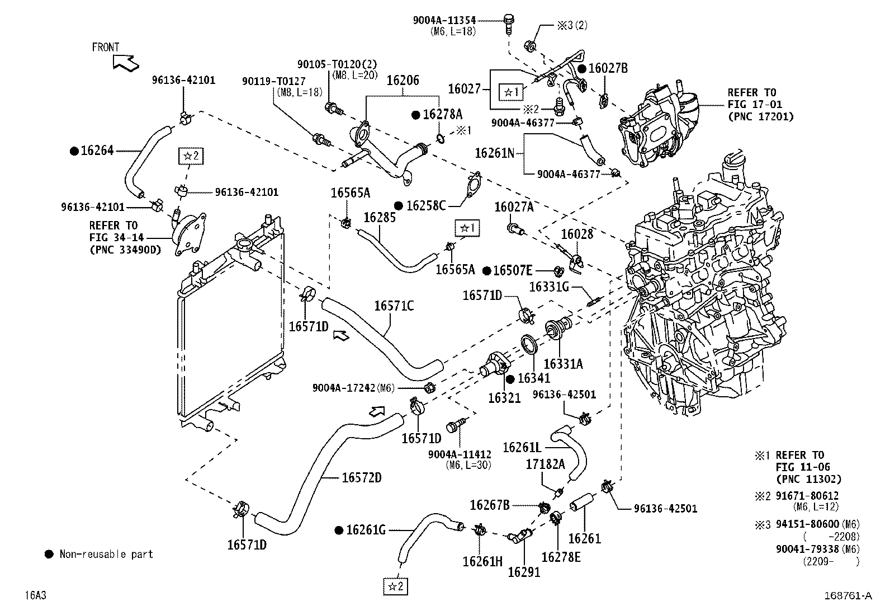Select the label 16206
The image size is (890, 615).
[x=403, y=81]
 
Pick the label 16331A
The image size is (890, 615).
[x=563, y=364]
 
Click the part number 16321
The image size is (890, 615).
[x=504, y=398]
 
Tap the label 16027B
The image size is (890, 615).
[x=608, y=68]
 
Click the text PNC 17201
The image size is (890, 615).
[x=760, y=116]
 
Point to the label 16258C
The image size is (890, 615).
[x=425, y=205]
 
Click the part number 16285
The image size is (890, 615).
[x=380, y=217]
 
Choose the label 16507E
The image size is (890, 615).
[x=513, y=271]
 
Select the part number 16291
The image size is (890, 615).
[x=524, y=571]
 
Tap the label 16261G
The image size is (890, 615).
[x=366, y=529]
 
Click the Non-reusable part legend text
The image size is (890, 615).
[x=106, y=554]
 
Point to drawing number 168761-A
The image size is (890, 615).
[x=847, y=596]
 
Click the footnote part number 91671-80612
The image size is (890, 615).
[x=807, y=496]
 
